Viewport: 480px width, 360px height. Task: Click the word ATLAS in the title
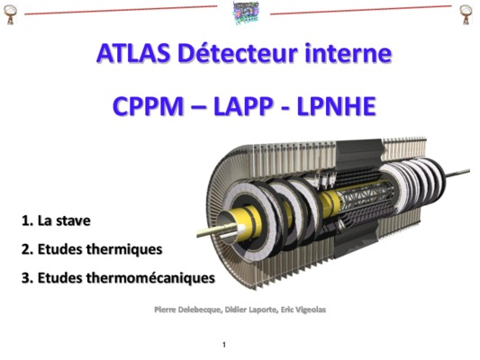click(x=133, y=53)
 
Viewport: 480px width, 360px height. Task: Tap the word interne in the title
click(x=348, y=53)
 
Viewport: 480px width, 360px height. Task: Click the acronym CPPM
click(x=148, y=106)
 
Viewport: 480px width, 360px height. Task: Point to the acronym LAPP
click(x=243, y=106)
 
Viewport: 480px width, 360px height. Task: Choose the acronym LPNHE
click(x=336, y=106)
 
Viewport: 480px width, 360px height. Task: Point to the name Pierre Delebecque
click(x=187, y=310)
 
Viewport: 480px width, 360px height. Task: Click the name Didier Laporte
click(x=251, y=310)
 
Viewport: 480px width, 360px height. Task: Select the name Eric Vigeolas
click(x=303, y=310)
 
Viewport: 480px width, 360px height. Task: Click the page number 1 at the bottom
click(x=224, y=345)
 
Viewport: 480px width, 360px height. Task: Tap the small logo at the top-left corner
click(x=10, y=14)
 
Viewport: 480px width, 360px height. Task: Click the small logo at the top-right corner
click(x=466, y=14)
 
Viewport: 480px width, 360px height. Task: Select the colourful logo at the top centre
click(x=246, y=13)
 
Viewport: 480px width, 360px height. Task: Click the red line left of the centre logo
click(x=121, y=10)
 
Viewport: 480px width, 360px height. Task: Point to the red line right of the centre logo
click(x=361, y=10)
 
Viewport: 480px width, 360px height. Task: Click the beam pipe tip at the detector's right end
click(x=469, y=170)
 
